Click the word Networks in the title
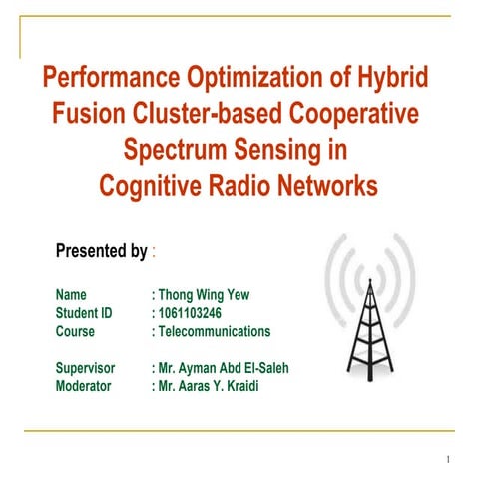[x=323, y=187]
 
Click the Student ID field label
[x=84, y=313]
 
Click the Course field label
[x=76, y=331]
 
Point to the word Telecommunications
[x=214, y=331]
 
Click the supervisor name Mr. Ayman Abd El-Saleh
[x=222, y=368]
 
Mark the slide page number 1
[x=450, y=459]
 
